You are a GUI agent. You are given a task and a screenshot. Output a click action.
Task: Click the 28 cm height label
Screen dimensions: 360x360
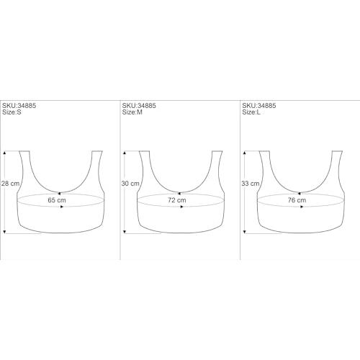(x=10, y=184)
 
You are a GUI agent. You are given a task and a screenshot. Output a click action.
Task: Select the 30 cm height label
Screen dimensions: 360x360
(x=130, y=184)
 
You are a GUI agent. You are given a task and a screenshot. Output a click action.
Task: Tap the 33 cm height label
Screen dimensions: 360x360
(x=251, y=184)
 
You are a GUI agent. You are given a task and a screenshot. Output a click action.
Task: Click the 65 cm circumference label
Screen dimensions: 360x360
(x=57, y=200)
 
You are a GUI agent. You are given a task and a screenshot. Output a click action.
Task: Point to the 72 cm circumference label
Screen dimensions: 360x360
(x=177, y=200)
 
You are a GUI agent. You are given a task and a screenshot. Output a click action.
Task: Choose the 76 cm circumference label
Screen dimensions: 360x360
(x=297, y=200)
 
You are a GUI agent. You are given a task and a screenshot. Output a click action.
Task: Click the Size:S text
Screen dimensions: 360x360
(x=12, y=112)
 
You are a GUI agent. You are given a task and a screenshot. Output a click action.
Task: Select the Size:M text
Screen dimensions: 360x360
(x=132, y=112)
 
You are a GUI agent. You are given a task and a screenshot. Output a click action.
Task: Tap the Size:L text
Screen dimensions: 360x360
(x=251, y=112)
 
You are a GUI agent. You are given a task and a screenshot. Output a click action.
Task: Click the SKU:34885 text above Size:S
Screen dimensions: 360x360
(x=19, y=106)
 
